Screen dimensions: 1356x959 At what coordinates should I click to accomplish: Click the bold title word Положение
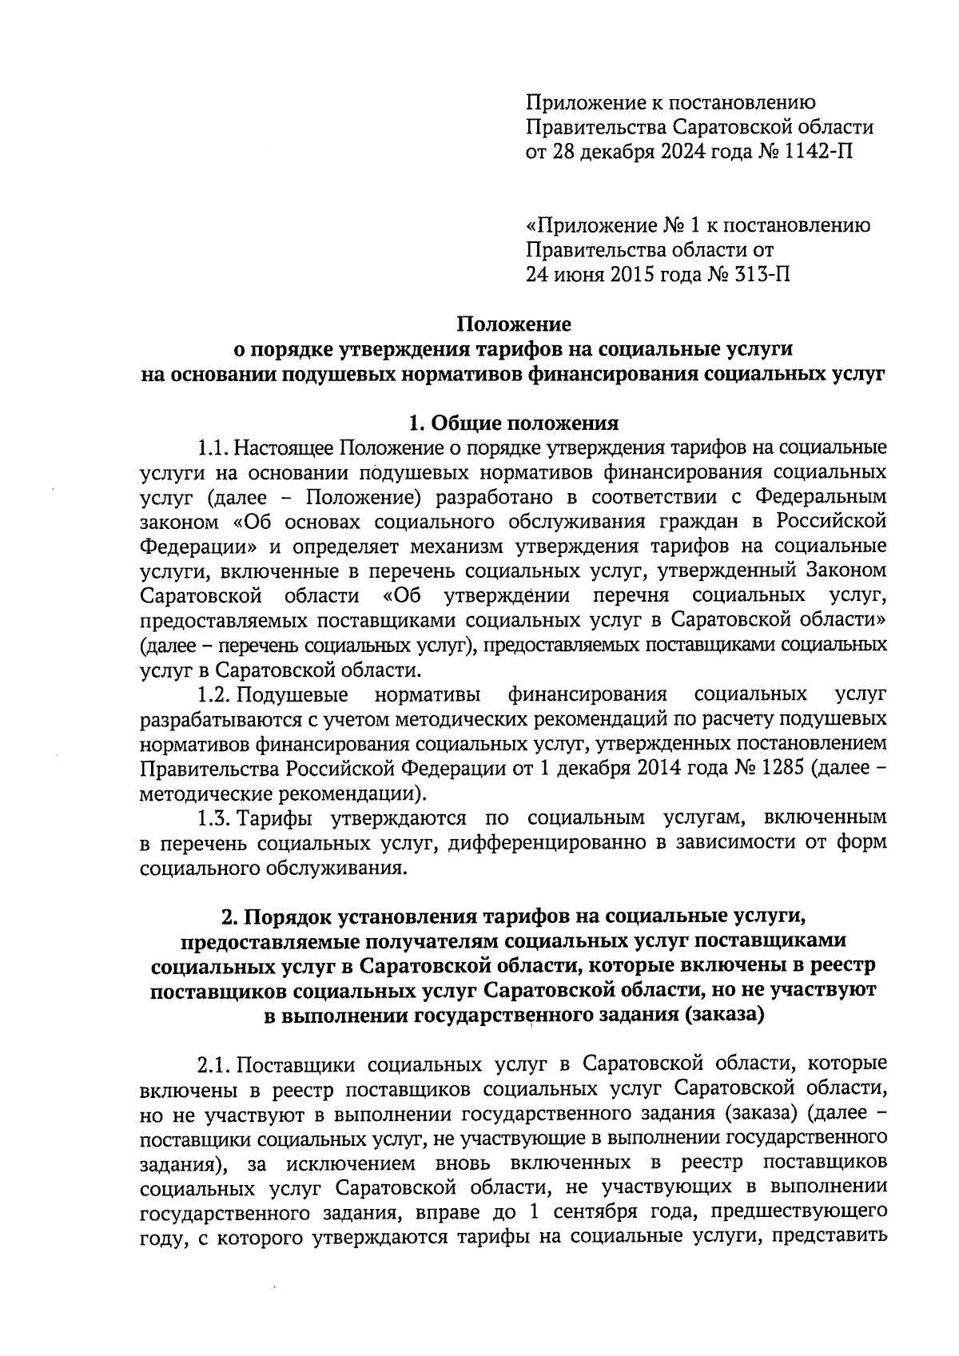(514, 324)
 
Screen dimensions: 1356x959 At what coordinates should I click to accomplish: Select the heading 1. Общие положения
(513, 423)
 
